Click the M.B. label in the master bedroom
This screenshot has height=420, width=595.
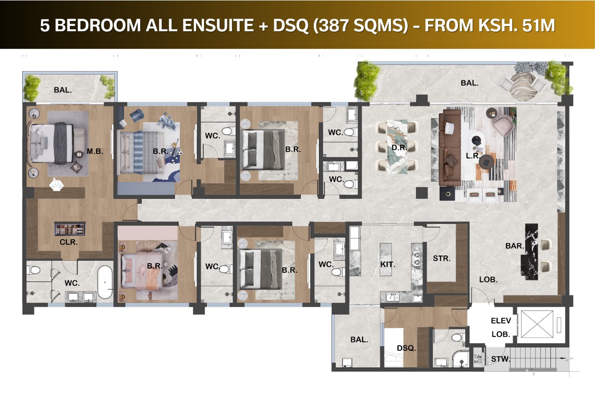[95, 151]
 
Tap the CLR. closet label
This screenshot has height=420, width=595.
[68, 242]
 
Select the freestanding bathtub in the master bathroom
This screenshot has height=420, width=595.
[105, 282]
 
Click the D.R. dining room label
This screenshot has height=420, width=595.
[399, 148]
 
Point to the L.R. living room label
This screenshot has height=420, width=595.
[473, 156]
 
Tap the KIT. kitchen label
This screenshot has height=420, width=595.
[388, 264]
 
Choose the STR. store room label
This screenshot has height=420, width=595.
[442, 258]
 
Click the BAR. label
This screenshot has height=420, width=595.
[515, 246]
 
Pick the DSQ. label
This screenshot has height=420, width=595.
[406, 348]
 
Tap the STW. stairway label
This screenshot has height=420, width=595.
[501, 359]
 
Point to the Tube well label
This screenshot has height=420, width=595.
[477, 359]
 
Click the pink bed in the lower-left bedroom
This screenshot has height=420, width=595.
[141, 271]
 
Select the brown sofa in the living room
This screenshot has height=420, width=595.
[450, 148]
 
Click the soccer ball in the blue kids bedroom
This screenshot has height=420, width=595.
[179, 152]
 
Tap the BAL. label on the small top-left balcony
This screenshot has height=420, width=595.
[63, 90]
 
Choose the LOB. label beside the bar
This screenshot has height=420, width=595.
[488, 280]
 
